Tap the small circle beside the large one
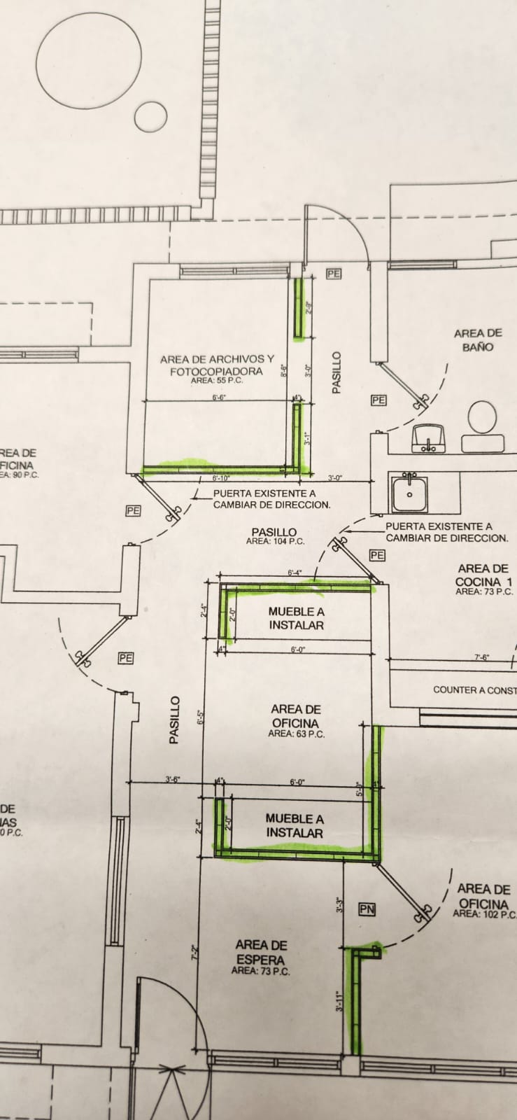click(151, 117)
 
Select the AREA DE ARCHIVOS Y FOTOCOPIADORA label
click(216, 365)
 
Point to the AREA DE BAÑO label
click(478, 340)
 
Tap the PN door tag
click(367, 909)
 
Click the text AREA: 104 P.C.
click(275, 542)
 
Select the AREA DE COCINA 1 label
click(483, 575)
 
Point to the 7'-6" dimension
click(482, 657)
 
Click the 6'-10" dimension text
click(220, 479)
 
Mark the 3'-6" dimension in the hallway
click(173, 779)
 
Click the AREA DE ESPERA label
click(261, 952)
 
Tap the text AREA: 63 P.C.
click(296, 734)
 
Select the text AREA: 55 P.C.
click(216, 381)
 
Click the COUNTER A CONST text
click(474, 689)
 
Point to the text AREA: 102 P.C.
click(485, 913)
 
